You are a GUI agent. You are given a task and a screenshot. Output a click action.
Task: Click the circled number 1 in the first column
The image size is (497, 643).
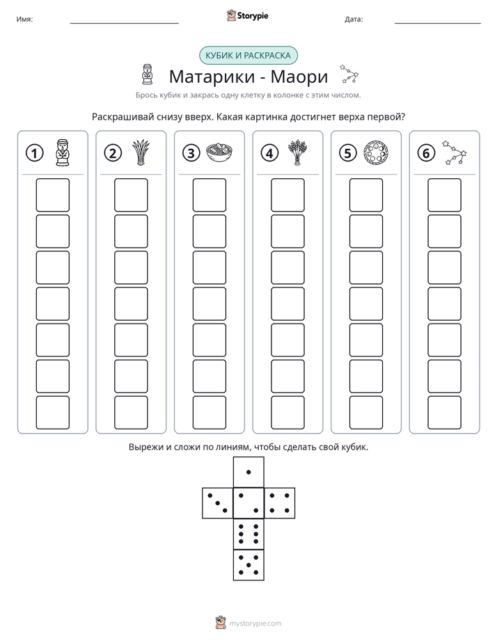coord(34,153)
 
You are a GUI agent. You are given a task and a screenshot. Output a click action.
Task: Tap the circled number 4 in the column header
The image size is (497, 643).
coord(269,153)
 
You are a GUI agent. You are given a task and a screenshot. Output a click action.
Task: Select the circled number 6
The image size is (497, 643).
coord(426,153)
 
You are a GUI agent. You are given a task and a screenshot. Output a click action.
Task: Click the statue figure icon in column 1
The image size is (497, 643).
coord(63,153)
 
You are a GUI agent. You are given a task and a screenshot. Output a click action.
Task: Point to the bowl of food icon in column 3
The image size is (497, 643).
coord(219,153)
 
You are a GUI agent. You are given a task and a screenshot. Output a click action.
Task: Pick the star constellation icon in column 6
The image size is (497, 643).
coord(455,153)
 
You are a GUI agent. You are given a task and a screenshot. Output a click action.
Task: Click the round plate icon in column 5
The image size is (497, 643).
coord(376,153)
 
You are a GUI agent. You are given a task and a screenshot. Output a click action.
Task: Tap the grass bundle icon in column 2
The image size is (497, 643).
coord(141,152)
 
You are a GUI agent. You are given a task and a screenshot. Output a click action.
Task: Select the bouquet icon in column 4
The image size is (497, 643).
coord(298,152)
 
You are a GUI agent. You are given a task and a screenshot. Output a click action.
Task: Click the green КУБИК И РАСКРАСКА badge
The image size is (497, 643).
coord(248,56)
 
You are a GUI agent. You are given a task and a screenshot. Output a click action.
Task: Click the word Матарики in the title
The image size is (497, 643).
coord(212,77)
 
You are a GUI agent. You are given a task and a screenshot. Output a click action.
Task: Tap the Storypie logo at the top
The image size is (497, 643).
coord(247,16)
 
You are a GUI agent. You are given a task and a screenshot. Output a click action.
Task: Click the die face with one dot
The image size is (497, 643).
coord(248,473)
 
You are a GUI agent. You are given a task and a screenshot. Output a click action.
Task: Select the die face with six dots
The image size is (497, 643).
coord(248,534)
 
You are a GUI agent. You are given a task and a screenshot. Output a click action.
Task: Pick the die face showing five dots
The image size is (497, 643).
coord(248,565)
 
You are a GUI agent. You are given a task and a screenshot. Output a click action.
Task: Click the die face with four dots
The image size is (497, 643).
coord(280,503)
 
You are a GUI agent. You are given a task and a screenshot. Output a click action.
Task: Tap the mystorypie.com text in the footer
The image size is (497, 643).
coord(255,624)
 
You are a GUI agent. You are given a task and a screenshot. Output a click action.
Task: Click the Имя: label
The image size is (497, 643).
coord(24,19)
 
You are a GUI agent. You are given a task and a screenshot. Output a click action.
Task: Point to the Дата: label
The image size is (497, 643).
coord(354,19)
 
